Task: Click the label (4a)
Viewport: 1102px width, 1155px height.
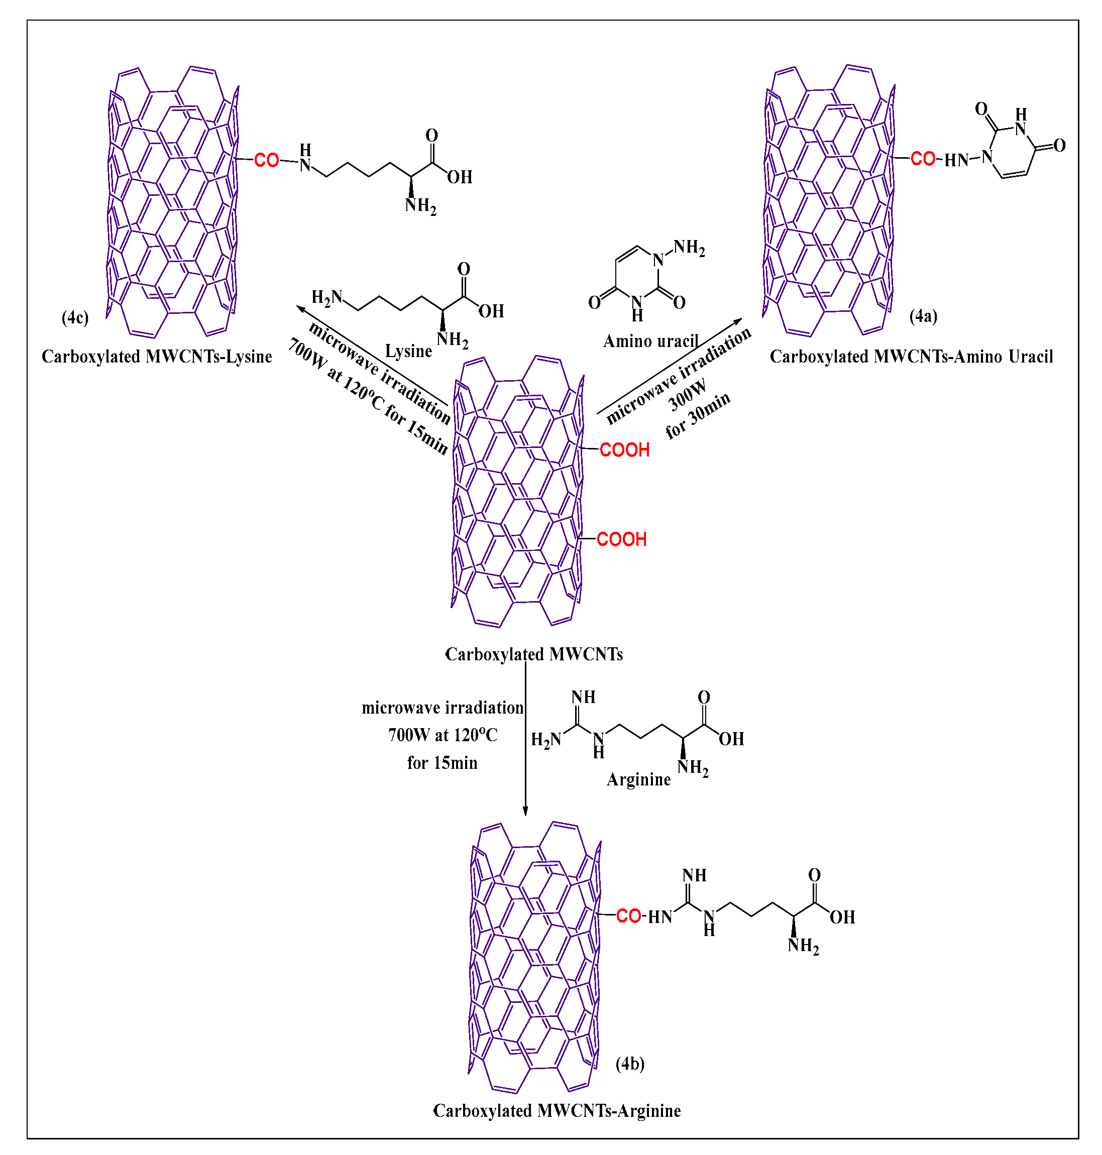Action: (x=923, y=316)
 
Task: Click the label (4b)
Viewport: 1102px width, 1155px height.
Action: (x=630, y=1064)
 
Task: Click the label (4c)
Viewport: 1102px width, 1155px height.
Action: (x=75, y=318)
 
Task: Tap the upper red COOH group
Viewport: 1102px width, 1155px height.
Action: (x=624, y=450)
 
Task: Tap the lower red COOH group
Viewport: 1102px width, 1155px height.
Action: (x=621, y=539)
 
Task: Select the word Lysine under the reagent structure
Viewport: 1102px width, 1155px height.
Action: (x=408, y=351)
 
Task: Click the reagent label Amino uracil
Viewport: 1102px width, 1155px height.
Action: (x=650, y=341)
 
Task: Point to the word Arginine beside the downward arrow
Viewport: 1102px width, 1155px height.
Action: (x=638, y=779)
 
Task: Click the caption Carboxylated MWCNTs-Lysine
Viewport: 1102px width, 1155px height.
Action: (x=157, y=357)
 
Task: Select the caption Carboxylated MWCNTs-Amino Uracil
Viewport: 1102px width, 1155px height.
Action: (x=911, y=357)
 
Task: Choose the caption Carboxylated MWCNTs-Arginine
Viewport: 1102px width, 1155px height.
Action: (x=557, y=1110)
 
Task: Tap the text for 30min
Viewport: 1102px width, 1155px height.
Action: (x=698, y=415)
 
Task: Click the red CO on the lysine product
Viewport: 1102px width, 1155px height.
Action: (x=266, y=160)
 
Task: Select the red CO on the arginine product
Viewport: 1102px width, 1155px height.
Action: (x=628, y=916)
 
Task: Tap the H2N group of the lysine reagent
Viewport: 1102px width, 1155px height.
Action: (x=326, y=298)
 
